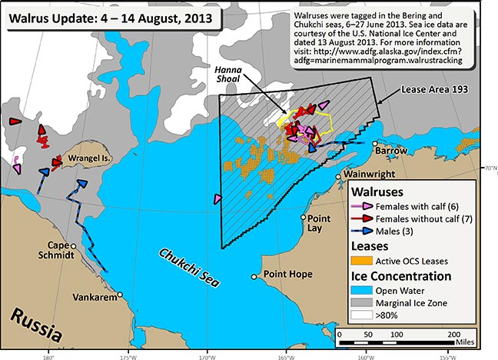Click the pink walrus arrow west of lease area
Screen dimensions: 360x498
coord(219,198)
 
